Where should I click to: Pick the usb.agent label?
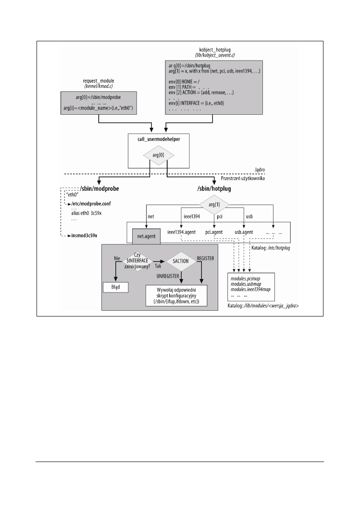click(244, 232)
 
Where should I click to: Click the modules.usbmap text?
click(248, 285)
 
